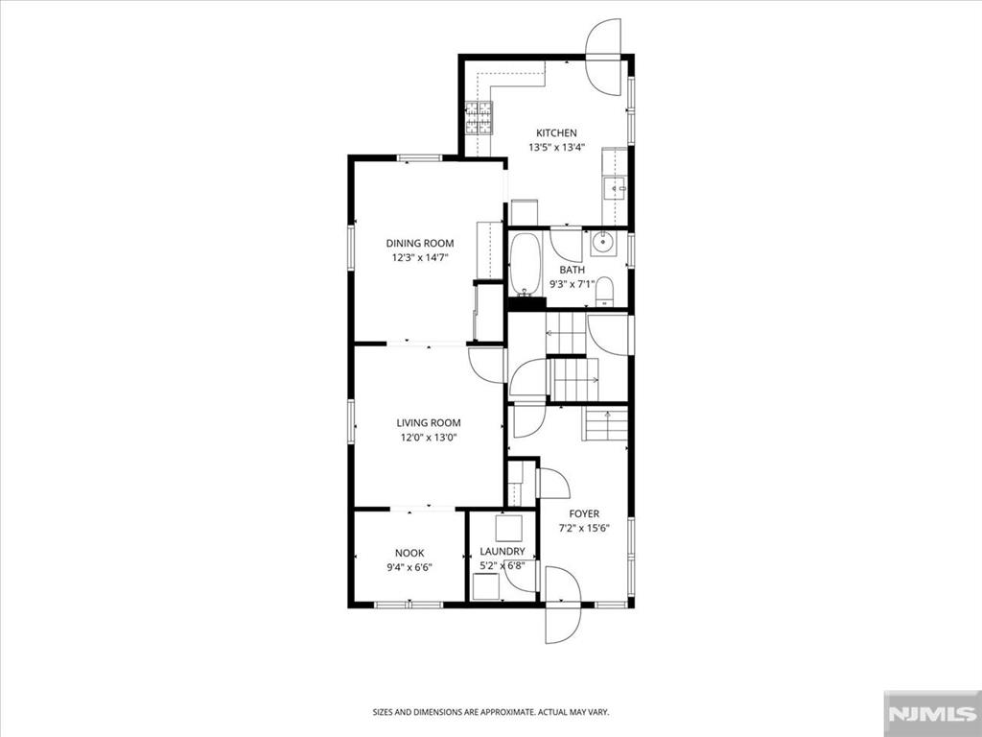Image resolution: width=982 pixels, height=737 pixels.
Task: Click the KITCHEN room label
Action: pyautogui.click(x=556, y=132)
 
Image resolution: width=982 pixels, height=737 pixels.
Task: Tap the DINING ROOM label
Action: pyautogui.click(x=420, y=243)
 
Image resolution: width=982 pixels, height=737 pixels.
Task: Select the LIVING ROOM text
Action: pyautogui.click(x=429, y=423)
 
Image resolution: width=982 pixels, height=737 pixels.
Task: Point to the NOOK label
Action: pyautogui.click(x=409, y=553)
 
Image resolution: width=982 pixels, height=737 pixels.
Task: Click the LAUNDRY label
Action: pyautogui.click(x=503, y=552)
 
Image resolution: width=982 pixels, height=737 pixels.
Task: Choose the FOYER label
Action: pyautogui.click(x=584, y=514)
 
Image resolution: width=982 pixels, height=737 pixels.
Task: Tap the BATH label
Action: pyautogui.click(x=572, y=270)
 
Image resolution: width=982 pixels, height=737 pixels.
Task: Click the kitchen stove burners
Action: pyautogui.click(x=479, y=118)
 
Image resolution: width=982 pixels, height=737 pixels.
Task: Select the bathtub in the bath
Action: pyautogui.click(x=525, y=265)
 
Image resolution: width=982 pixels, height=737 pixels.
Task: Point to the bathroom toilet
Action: pyautogui.click(x=604, y=292)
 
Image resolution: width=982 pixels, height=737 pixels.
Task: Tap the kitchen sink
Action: pyautogui.click(x=615, y=187)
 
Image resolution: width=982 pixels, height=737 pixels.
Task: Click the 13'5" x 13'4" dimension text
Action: pyautogui.click(x=557, y=148)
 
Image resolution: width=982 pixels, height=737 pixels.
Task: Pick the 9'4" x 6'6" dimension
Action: pyautogui.click(x=409, y=568)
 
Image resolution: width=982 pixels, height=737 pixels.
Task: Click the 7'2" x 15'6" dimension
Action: pyautogui.click(x=584, y=529)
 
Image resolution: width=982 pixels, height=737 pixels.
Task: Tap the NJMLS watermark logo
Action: pyautogui.click(x=932, y=713)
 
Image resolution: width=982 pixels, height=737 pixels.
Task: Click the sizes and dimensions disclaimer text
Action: pyautogui.click(x=491, y=712)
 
